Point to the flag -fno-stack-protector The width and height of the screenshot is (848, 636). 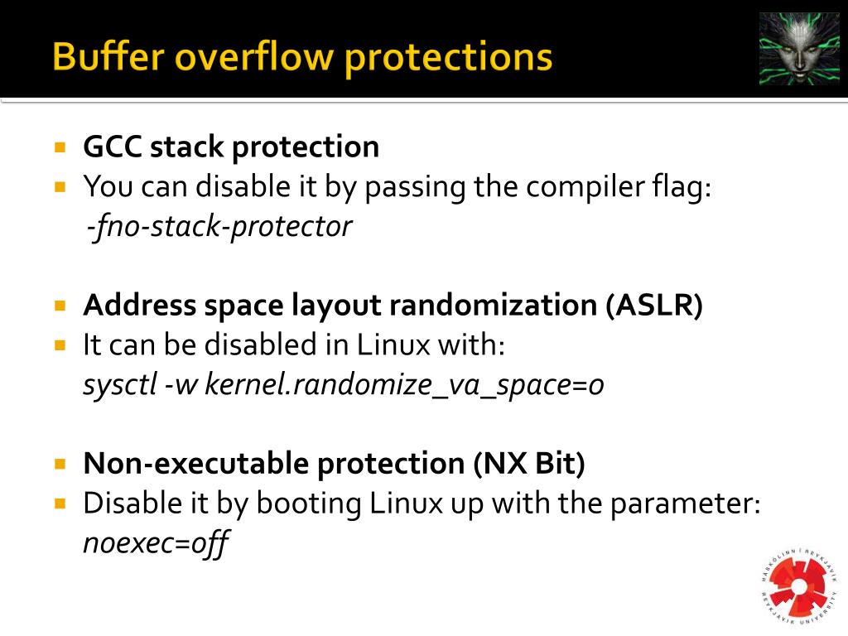219,226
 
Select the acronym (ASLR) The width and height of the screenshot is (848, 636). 653,306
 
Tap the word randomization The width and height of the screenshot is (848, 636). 493,306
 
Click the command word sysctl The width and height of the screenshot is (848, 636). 119,385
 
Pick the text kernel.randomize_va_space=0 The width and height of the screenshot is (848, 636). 404,385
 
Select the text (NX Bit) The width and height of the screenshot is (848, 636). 529,464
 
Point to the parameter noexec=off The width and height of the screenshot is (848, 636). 156,544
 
